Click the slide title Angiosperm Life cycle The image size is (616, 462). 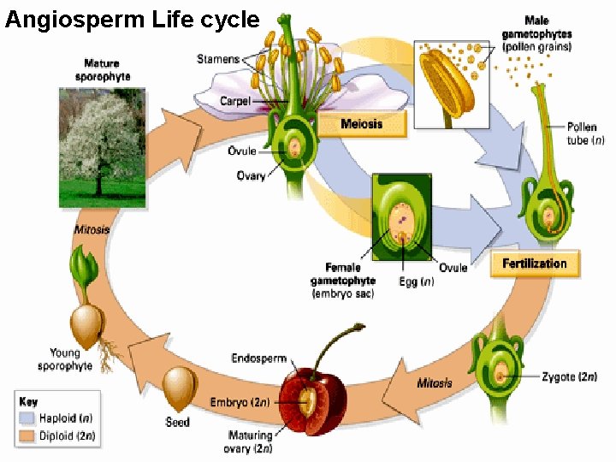(132, 19)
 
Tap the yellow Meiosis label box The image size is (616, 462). (361, 125)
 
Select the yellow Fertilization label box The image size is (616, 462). (535, 264)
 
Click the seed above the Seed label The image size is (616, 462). (180, 388)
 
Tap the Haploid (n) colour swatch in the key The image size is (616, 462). (27, 418)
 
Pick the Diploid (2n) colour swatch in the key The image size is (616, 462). (27, 436)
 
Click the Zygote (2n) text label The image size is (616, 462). (569, 376)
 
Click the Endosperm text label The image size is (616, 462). (258, 358)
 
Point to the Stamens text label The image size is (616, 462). (218, 59)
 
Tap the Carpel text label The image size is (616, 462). (234, 101)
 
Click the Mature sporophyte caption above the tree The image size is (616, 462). (102, 68)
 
